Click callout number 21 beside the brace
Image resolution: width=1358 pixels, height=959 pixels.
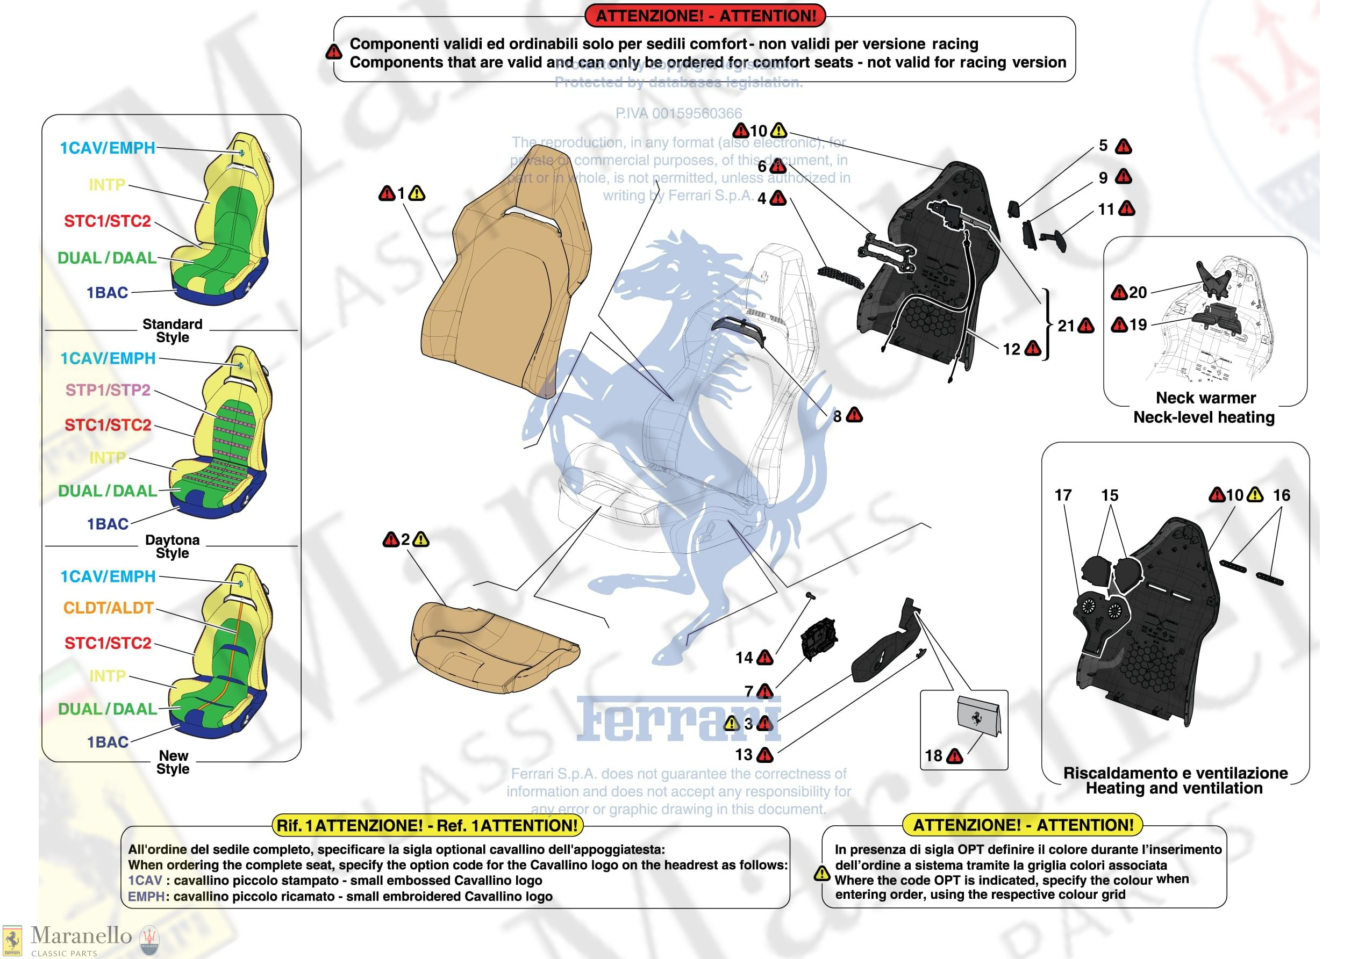(1065, 326)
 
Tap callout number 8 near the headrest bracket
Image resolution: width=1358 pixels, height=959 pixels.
(837, 416)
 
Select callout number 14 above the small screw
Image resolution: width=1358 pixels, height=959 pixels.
(744, 658)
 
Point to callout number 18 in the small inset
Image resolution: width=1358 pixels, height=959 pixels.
(933, 755)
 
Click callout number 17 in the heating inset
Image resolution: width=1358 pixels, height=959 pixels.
(1063, 495)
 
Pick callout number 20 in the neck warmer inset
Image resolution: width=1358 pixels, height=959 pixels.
(1138, 292)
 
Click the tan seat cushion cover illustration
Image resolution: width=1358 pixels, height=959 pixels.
(494, 647)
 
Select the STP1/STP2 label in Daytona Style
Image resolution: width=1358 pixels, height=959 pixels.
(108, 390)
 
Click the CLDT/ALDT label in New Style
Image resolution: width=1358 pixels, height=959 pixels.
(108, 608)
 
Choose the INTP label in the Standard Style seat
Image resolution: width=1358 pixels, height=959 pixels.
(107, 185)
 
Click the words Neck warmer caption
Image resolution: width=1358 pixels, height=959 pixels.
(1205, 398)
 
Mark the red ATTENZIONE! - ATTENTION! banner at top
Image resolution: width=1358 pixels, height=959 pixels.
(705, 16)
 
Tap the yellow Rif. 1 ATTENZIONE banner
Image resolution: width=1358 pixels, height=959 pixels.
(427, 825)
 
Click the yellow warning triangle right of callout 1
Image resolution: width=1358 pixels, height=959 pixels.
(417, 193)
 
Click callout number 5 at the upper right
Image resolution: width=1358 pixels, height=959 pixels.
(1103, 146)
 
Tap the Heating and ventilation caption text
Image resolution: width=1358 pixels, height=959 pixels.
(1174, 788)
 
